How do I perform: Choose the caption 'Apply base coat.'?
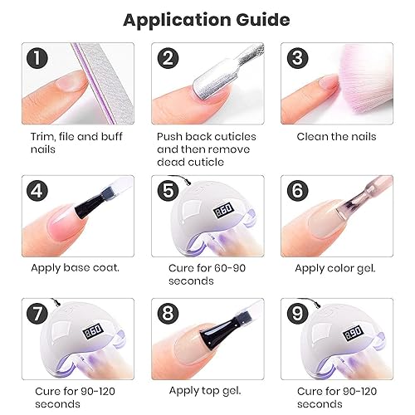pos(75,267)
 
